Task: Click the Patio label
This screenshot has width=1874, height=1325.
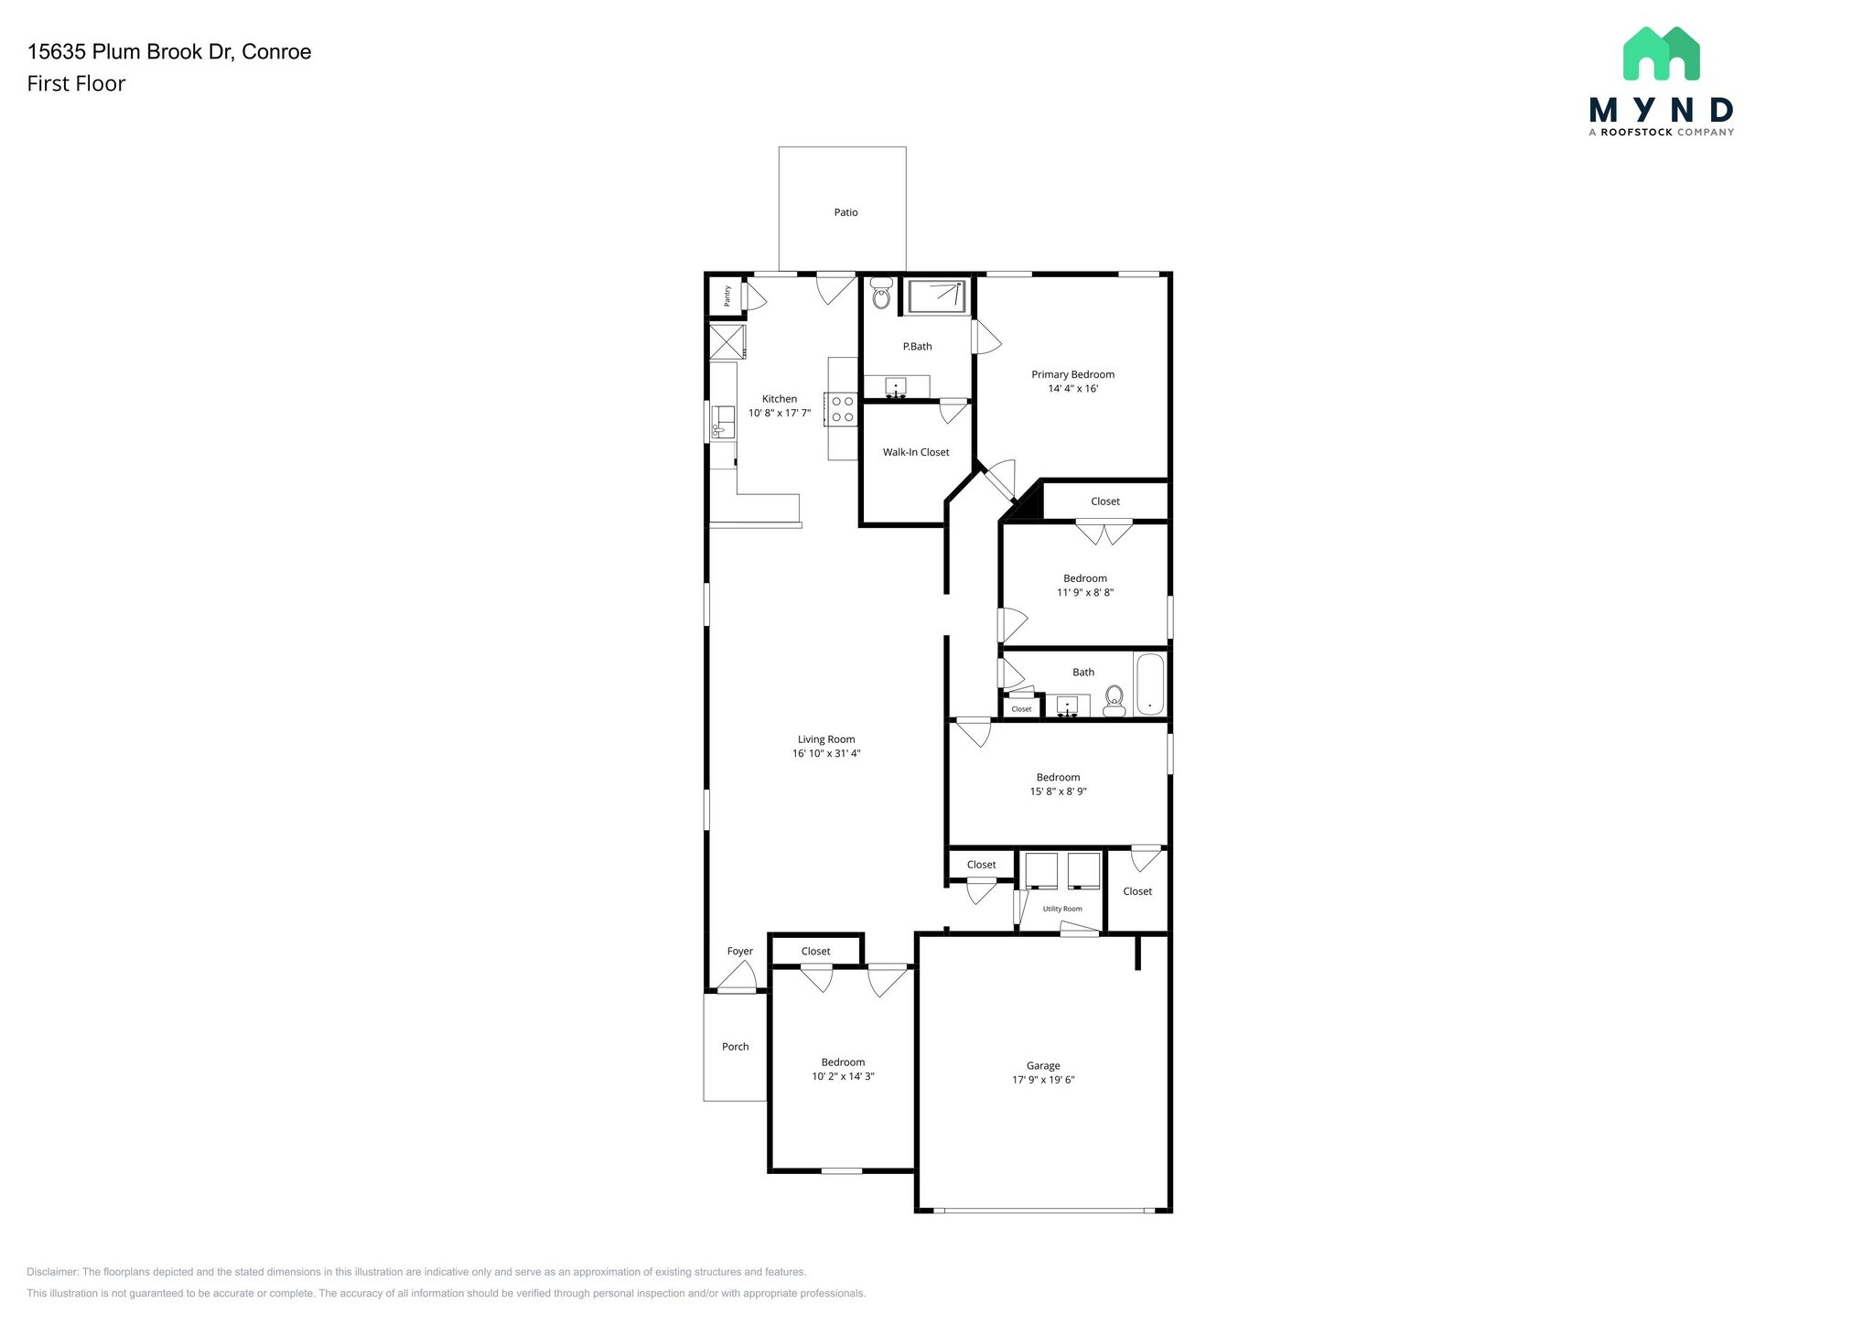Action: coord(845,212)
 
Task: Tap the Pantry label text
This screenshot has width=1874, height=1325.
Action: coord(727,296)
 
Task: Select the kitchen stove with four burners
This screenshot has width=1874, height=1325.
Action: coord(842,409)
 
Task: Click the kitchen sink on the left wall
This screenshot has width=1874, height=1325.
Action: coord(723,424)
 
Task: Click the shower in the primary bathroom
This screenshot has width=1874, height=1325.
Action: coord(936,296)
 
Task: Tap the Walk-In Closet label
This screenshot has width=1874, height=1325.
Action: coord(915,452)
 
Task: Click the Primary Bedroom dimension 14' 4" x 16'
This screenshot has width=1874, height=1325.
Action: coord(1072,389)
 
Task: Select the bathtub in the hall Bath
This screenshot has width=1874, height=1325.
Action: coord(1149,684)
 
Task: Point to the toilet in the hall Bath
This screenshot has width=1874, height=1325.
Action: coord(1114,700)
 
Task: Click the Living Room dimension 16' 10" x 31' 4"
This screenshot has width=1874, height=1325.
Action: coord(826,754)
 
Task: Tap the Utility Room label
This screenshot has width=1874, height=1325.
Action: coord(1062,909)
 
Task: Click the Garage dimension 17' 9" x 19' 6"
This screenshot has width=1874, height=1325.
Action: coord(1042,1080)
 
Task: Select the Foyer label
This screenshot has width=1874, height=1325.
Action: coord(739,952)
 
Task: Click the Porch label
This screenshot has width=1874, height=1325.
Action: coord(735,1047)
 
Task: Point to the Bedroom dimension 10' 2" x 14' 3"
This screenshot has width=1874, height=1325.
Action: coord(843,1077)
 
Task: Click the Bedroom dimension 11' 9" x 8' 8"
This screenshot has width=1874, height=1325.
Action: coord(1084,593)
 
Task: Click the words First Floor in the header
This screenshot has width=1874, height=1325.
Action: coord(76,84)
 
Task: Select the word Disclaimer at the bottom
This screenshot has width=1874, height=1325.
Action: coord(52,1272)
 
